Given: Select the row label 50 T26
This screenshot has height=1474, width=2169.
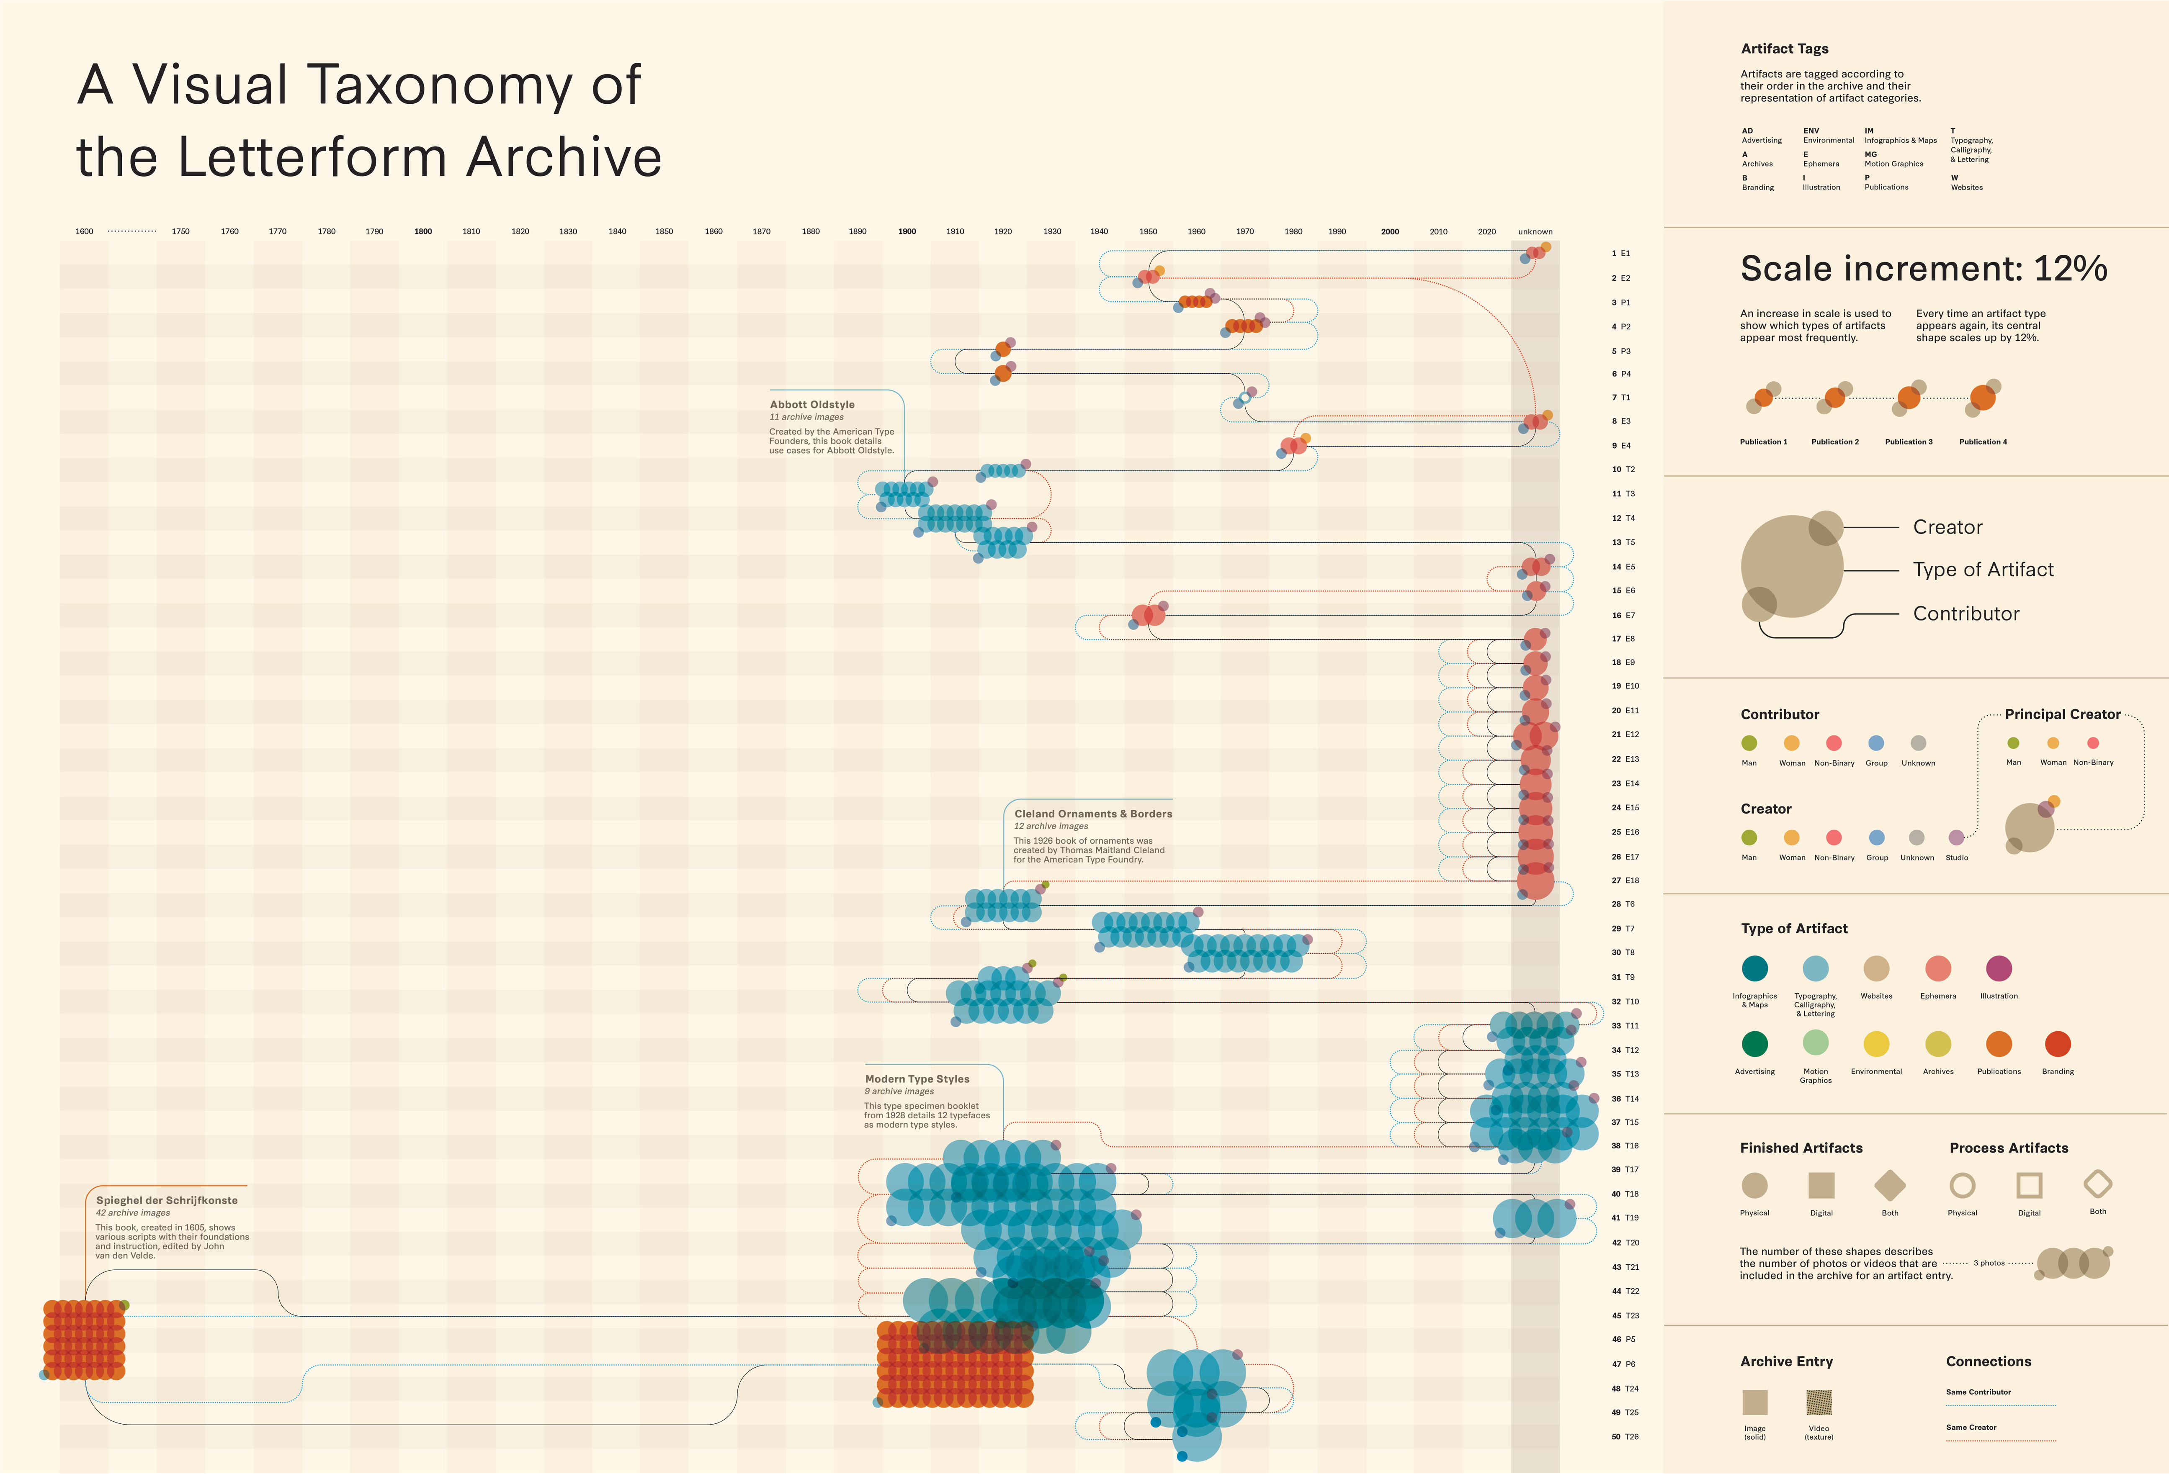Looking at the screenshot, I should pyautogui.click(x=1625, y=1437).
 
